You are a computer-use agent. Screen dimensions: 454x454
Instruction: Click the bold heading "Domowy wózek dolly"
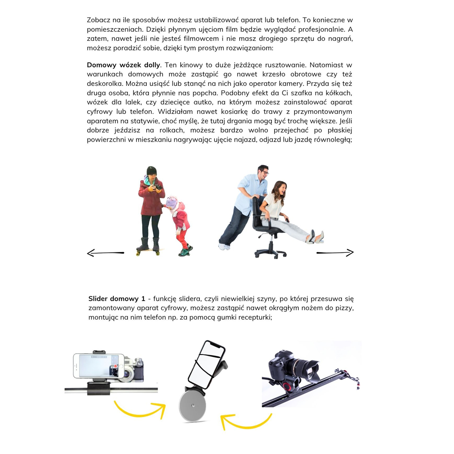(x=123, y=65)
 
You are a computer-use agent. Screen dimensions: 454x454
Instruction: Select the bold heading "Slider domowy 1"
(x=117, y=299)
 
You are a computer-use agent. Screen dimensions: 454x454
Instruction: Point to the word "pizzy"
(x=345, y=308)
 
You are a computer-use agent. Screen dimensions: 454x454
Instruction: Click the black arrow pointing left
(x=105, y=253)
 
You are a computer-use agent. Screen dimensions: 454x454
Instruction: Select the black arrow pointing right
(x=335, y=253)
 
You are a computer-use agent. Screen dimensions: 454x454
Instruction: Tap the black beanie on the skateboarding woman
(x=152, y=171)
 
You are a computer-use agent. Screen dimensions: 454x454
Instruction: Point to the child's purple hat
(x=172, y=202)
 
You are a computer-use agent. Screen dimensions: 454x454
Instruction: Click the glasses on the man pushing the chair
(x=264, y=173)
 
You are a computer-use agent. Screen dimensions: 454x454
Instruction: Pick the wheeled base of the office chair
(x=271, y=251)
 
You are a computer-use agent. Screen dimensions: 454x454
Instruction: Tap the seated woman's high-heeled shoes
(x=316, y=237)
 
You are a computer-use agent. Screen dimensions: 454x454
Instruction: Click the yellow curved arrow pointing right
(x=140, y=409)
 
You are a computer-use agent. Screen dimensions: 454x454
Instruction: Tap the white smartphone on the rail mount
(x=99, y=366)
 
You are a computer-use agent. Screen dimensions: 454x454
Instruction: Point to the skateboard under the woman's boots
(x=148, y=251)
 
